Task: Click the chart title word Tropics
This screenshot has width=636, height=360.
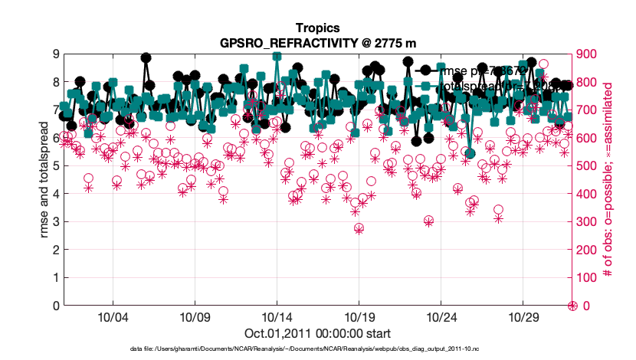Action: (317, 28)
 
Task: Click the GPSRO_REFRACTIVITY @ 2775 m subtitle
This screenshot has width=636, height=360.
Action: (317, 43)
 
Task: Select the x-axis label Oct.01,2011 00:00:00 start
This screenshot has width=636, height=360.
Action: (317, 333)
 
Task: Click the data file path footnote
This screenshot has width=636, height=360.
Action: (317, 349)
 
